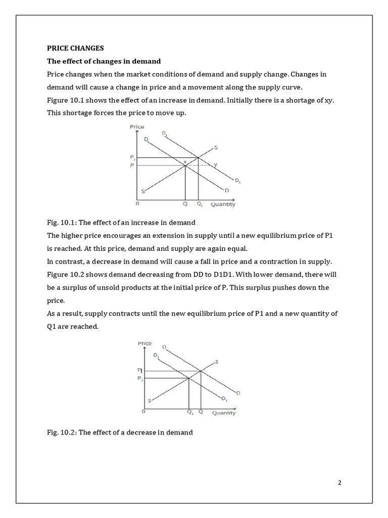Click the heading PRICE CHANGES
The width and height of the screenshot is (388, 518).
[75, 48]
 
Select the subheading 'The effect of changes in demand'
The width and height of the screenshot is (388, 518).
[104, 61]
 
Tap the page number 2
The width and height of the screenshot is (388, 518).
[339, 482]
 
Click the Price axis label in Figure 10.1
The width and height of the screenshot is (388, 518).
[137, 126]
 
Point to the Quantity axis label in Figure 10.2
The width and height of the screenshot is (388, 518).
[224, 413]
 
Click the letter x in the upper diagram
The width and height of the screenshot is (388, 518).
[185, 161]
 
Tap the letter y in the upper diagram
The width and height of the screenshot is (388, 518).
[215, 164]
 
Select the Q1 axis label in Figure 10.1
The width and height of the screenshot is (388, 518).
[200, 204]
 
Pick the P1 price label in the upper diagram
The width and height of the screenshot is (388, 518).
[133, 157]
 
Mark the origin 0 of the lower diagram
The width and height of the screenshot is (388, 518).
[143, 412]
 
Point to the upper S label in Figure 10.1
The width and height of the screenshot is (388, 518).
[216, 147]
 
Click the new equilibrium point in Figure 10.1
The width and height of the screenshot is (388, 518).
[198, 157]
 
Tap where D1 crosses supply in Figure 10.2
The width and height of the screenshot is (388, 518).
[189, 378]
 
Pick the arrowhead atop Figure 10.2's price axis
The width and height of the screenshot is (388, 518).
[144, 349]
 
